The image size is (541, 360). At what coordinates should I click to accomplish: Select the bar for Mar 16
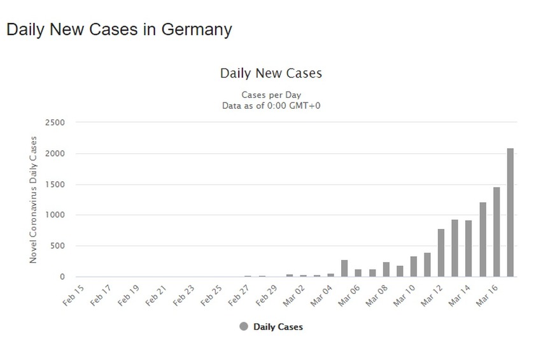pos(496,232)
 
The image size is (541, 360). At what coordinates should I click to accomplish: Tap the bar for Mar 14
pos(468,249)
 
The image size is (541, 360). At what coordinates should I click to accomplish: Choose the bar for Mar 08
pos(386,270)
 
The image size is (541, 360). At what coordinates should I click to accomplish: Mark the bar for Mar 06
pos(358,273)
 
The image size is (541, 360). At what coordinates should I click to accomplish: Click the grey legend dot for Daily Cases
pos(244,327)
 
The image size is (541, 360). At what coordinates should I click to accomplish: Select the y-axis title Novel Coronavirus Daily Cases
pos(34,200)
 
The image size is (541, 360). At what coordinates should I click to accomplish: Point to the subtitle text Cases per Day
pos(271,95)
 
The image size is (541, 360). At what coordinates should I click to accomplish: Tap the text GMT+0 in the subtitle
pos(304,106)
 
